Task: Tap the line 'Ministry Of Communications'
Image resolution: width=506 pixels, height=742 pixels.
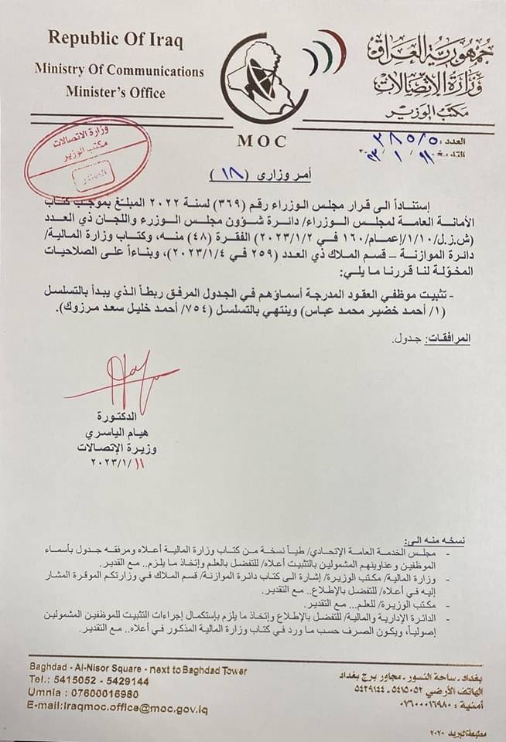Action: [x=119, y=70]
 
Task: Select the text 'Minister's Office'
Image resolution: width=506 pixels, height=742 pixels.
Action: [x=115, y=93]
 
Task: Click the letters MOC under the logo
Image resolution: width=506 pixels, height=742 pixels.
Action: [x=262, y=141]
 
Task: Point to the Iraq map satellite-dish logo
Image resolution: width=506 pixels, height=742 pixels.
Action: [x=262, y=80]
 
